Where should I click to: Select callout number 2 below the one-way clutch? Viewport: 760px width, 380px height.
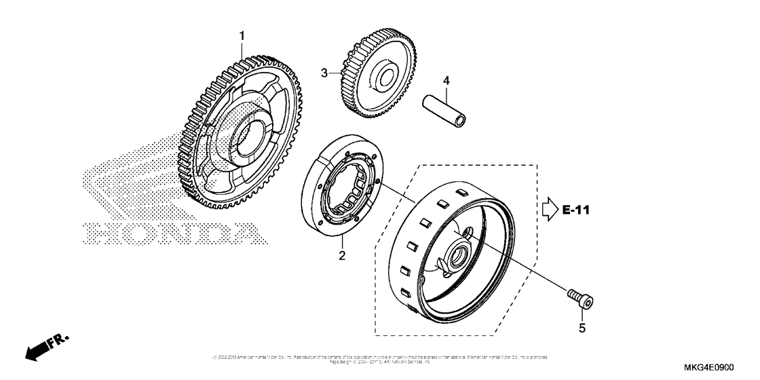(342, 256)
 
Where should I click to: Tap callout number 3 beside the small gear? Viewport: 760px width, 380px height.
(324, 73)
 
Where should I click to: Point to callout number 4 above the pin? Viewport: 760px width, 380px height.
(446, 81)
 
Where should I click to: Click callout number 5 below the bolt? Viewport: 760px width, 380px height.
(582, 328)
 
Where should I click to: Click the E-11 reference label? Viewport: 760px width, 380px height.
(577, 211)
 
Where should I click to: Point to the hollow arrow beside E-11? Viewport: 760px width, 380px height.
(548, 211)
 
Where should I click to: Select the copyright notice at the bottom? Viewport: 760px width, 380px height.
(379, 358)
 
